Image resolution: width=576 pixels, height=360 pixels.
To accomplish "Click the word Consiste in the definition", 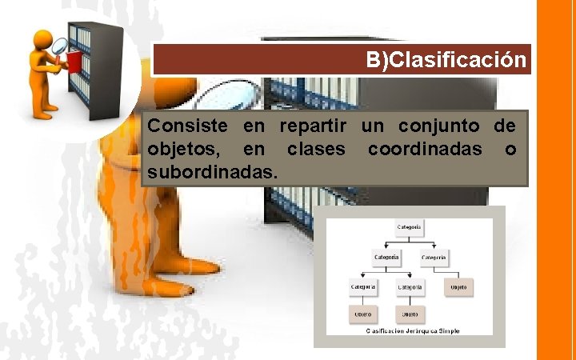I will point(180,126).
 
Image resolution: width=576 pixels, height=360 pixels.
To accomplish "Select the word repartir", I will point(312,126).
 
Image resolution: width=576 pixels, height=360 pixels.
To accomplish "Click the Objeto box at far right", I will point(458,286).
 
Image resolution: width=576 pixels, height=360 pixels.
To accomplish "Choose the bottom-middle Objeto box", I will point(410,314).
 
